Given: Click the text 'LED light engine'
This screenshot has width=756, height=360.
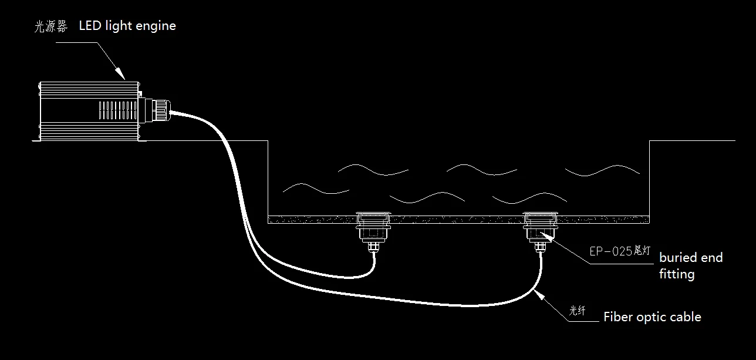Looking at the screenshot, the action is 127,26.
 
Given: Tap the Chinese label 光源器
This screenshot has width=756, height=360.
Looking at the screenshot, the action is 51,26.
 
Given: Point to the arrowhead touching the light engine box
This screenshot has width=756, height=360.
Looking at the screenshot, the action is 120,73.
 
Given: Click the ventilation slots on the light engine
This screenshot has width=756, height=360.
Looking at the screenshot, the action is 118,110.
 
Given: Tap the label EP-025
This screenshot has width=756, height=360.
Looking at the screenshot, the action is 610,251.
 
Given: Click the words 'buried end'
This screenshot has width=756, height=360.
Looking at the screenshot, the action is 691,258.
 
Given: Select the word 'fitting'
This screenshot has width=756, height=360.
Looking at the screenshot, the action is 677,274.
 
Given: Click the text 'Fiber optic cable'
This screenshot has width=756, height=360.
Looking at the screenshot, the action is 652,317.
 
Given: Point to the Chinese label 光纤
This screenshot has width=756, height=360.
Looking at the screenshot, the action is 577,310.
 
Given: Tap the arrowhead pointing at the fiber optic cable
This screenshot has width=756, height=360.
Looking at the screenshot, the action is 539,294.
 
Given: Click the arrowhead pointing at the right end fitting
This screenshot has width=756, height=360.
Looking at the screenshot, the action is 547,237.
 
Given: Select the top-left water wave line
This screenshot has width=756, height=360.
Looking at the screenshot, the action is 373,170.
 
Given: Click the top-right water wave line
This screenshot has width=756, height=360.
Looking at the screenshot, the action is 602,170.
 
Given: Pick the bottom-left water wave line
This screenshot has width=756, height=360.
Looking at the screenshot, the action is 316,189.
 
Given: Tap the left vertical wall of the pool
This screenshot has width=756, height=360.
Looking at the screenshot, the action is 268,181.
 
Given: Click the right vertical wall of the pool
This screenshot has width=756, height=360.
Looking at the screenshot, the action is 649,181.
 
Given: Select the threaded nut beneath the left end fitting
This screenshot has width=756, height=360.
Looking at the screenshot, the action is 373,247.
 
